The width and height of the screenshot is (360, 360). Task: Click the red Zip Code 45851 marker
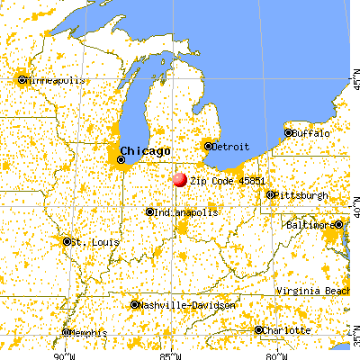click(179, 179)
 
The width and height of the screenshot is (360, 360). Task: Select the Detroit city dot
click(208, 146)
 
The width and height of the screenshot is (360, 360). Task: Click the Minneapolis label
click(56, 80)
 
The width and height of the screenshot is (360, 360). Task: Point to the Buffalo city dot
click(289, 133)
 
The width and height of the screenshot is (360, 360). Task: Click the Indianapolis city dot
click(150, 212)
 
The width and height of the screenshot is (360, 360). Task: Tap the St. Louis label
click(94, 242)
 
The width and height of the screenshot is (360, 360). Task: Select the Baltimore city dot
click(338, 224)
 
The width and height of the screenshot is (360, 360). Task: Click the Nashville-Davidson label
click(187, 305)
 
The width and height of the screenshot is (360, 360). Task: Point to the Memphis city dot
click(67, 332)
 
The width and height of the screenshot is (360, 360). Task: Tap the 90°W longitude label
click(62, 353)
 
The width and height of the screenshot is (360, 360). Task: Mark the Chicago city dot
click(121, 160)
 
